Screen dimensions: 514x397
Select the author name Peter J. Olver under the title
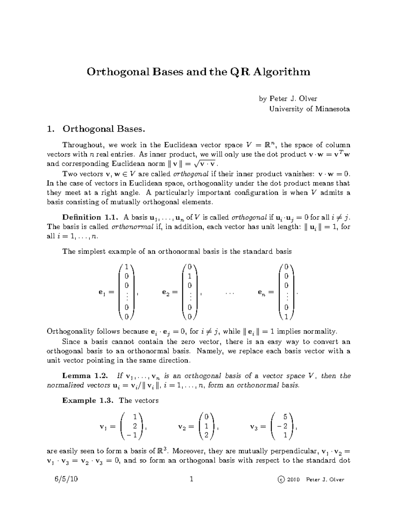tap(293, 98)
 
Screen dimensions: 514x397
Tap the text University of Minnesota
tap(309, 109)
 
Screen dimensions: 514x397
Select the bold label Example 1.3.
tap(88, 400)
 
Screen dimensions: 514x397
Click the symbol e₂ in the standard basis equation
tap(166, 292)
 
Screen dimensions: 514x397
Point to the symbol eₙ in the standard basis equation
tap(261, 292)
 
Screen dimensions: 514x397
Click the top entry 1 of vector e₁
tap(127, 267)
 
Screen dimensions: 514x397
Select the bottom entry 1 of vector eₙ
tap(286, 317)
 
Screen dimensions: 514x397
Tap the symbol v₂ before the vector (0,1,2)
tap(182, 427)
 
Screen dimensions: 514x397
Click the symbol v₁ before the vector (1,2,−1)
tap(103, 427)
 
